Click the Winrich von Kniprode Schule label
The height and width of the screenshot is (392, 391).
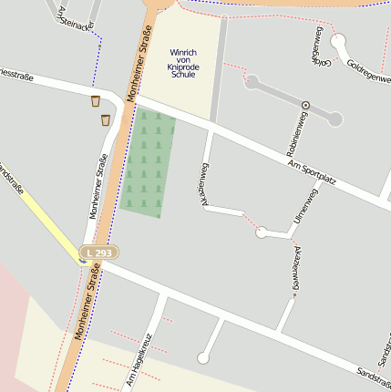tap(183, 63)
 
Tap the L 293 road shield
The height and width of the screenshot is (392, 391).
tap(98, 252)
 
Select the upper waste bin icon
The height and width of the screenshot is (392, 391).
tap(96, 101)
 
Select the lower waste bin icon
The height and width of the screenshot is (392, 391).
tap(106, 119)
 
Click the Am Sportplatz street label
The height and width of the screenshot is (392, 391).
tap(312, 171)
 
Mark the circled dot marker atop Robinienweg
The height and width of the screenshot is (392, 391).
tap(305, 106)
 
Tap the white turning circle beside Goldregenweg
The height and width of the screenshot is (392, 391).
tap(338, 41)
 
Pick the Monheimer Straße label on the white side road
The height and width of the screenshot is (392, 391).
tap(97, 186)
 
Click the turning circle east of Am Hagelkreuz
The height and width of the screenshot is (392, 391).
tap(202, 359)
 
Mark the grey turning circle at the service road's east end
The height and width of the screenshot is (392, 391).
tap(335, 119)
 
